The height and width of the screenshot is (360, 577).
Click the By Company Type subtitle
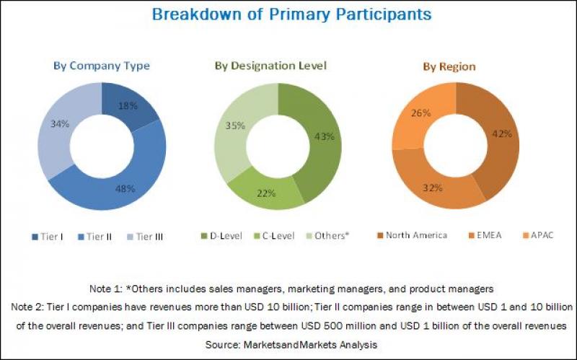pyautogui.click(x=102, y=66)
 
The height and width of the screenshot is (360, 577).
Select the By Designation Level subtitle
pyautogui.click(x=270, y=66)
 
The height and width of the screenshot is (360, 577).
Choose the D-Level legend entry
pyautogui.click(x=223, y=235)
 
